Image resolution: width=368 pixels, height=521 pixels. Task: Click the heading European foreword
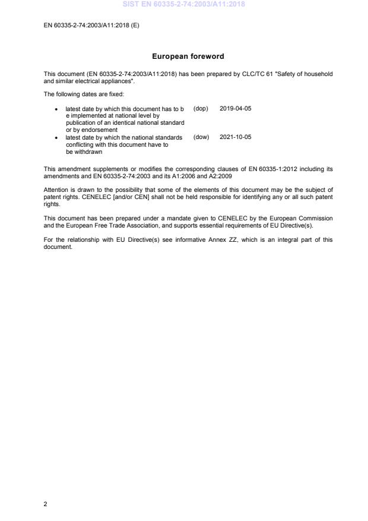tap(188, 56)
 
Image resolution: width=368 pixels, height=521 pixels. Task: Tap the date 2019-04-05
tap(236, 109)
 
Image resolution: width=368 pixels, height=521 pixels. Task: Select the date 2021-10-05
tap(236, 137)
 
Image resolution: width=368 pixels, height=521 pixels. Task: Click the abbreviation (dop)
tap(201, 109)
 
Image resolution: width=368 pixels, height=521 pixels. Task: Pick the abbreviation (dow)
tap(201, 137)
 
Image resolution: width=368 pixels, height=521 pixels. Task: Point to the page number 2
tap(45, 504)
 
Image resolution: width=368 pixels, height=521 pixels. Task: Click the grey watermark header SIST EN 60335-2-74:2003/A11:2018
tap(183, 4)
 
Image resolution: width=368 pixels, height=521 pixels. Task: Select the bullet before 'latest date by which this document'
tap(56, 109)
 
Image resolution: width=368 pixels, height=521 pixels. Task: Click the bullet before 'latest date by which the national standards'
tap(56, 137)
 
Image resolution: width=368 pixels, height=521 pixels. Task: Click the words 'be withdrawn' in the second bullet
tap(82, 151)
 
